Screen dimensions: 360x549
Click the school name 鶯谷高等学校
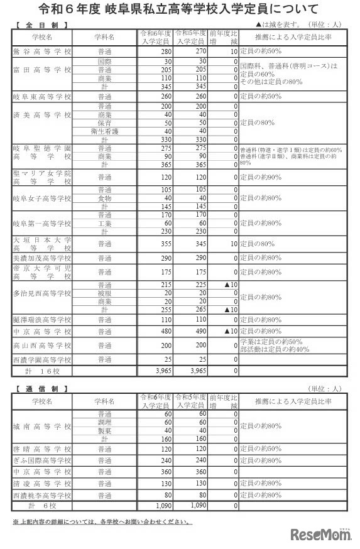pos(42,50)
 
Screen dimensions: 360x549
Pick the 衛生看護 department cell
pos(105,131)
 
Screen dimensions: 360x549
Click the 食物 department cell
pos(105,197)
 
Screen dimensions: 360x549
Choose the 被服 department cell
pos(105,294)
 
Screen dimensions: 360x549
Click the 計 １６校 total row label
pos(42,371)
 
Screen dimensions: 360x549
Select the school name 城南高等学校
pos(42,427)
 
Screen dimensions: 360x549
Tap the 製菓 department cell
pos(105,431)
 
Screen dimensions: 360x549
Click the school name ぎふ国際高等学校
pos(42,460)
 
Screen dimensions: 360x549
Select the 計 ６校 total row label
pos(42,505)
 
